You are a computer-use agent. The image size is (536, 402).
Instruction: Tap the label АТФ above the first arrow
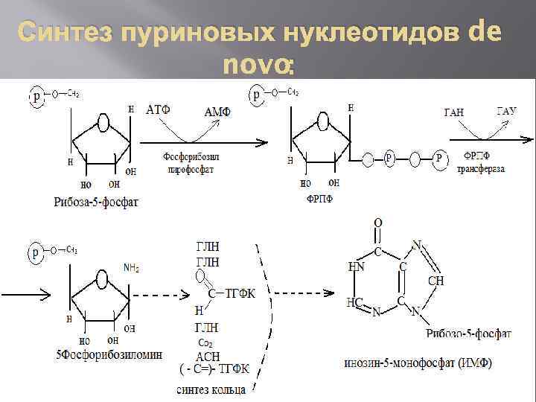(158, 110)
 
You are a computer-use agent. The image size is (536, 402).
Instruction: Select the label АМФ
(217, 111)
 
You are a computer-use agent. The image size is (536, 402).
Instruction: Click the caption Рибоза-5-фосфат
(95, 202)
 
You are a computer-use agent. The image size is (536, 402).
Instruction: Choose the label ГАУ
(506, 111)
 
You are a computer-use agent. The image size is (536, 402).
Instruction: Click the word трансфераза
(481, 169)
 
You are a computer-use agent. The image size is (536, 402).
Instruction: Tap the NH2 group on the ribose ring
(131, 266)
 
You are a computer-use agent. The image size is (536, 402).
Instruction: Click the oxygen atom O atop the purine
(377, 223)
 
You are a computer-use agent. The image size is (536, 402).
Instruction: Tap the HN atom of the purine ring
(356, 266)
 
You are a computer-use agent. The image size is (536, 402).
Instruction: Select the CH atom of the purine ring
(436, 280)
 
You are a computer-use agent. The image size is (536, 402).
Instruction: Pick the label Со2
(206, 342)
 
